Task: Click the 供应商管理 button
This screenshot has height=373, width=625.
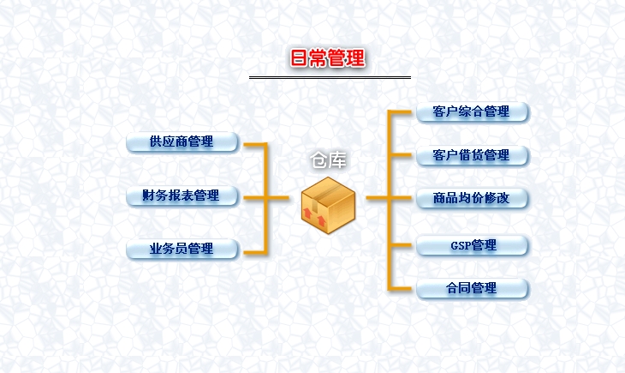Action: [182, 142]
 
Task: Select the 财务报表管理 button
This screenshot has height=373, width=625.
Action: [182, 196]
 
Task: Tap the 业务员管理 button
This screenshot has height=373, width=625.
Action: [182, 250]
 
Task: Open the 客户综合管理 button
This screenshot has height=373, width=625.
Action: [472, 111]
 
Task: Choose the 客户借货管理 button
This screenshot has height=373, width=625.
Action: [472, 156]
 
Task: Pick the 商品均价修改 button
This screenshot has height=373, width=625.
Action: [472, 199]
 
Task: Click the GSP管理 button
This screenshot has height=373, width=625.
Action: [472, 245]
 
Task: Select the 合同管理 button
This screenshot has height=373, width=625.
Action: [472, 288]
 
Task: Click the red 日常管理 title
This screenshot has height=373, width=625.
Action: [329, 58]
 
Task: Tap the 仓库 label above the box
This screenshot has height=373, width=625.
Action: [329, 160]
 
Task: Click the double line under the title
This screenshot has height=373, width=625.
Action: [330, 77]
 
